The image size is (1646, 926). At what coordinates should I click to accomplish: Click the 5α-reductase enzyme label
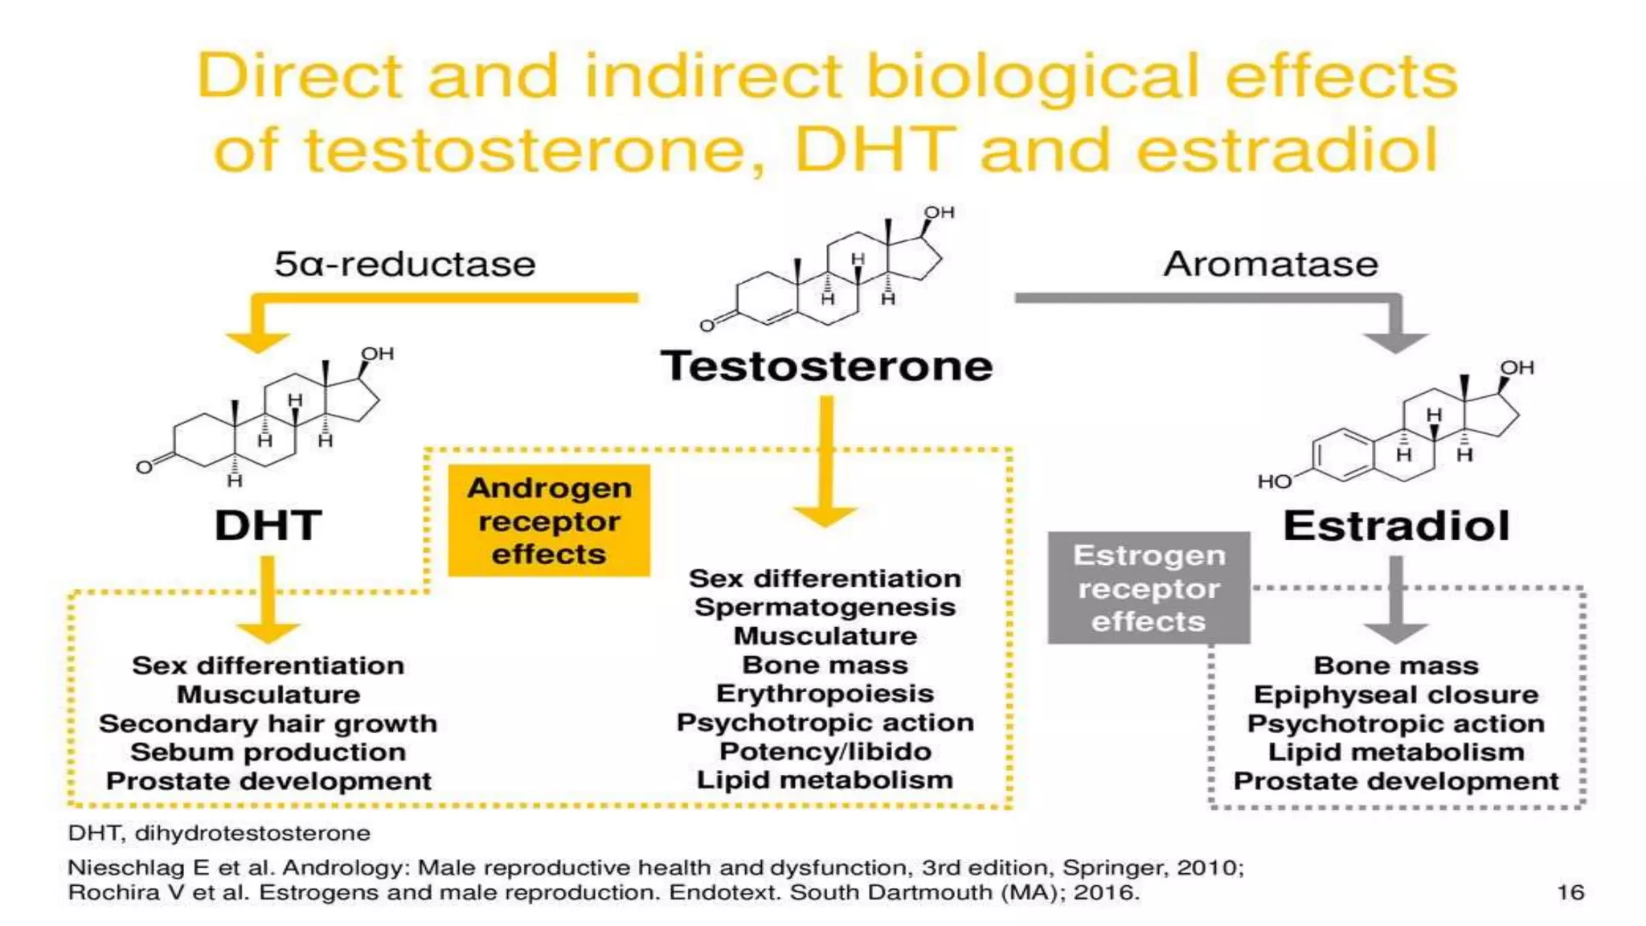coord(404,264)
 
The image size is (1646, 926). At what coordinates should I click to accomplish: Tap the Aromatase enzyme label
coord(1270,264)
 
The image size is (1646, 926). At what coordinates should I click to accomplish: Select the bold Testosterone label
coord(826,366)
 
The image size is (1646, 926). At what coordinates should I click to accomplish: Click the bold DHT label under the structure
coord(268,526)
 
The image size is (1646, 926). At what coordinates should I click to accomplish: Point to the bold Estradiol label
coord(1396,526)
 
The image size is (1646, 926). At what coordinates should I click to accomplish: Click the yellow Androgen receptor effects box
coord(549,521)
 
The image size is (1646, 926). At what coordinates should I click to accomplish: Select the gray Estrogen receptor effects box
coord(1149,588)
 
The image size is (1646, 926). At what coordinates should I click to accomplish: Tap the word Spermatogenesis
coord(825,607)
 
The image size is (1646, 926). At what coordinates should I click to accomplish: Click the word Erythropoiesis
coord(825,694)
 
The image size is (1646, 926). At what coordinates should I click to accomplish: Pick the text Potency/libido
coord(825,752)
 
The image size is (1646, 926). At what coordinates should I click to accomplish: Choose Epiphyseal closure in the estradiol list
coord(1396,694)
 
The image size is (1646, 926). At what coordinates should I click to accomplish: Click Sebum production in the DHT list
coord(268,752)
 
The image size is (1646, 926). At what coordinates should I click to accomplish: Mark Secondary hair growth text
coord(268,723)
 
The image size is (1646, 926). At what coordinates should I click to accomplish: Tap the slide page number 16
coord(1570,892)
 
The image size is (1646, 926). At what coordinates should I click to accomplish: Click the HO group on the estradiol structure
coord(1274,481)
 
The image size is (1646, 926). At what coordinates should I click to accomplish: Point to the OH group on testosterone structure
coord(939,212)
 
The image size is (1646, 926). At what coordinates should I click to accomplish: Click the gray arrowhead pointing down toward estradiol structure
coord(1396,342)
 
